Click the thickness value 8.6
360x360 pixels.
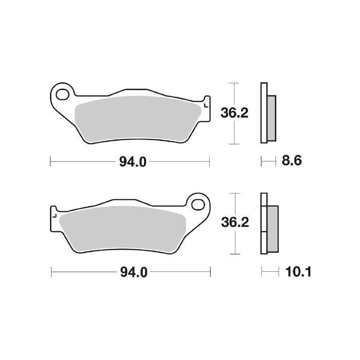click(x=291, y=161)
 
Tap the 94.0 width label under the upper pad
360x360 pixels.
click(x=133, y=162)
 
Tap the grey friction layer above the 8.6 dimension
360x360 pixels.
click(x=271, y=117)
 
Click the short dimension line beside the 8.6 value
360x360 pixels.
click(x=268, y=160)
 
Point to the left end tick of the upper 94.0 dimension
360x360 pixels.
click(x=50, y=161)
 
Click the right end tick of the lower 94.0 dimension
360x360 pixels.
click(x=210, y=272)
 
